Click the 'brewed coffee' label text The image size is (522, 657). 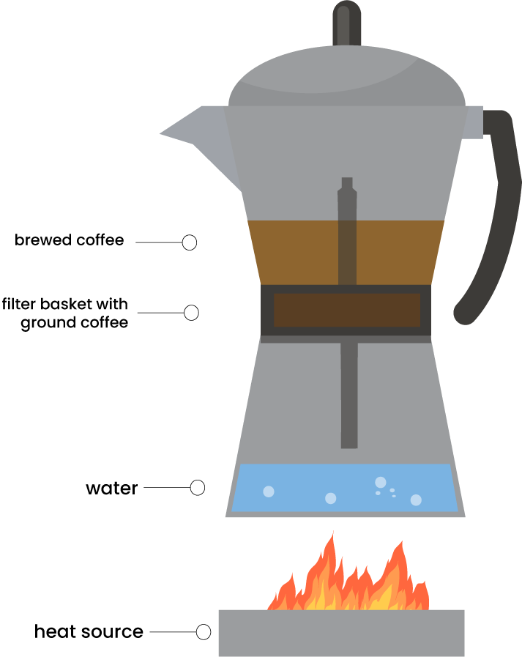(x=69, y=240)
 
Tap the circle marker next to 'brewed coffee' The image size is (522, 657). (x=189, y=242)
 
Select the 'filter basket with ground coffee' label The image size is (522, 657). (x=65, y=313)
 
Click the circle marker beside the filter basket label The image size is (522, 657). (x=191, y=313)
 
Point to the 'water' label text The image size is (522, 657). (x=111, y=488)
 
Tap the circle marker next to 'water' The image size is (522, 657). (x=197, y=487)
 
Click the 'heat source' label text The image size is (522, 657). (x=89, y=631)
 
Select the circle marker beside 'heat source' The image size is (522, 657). (x=204, y=631)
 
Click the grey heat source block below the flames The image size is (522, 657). (x=341, y=633)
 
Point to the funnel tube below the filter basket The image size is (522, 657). (x=349, y=396)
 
